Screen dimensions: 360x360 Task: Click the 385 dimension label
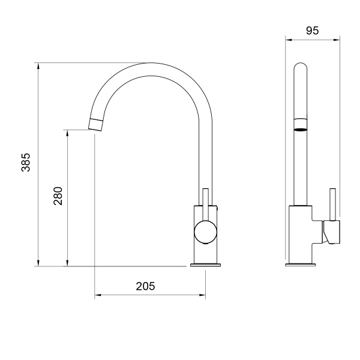26,163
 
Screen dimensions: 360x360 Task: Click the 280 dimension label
58,196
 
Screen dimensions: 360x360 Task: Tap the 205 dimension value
145,286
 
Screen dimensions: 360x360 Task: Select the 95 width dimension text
312,31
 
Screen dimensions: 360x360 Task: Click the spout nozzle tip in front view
96,125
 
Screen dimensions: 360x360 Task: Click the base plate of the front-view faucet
205,265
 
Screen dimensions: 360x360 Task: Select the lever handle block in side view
331,232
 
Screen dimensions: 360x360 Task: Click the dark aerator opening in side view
300,127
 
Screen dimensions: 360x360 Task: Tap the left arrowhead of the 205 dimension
98,295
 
